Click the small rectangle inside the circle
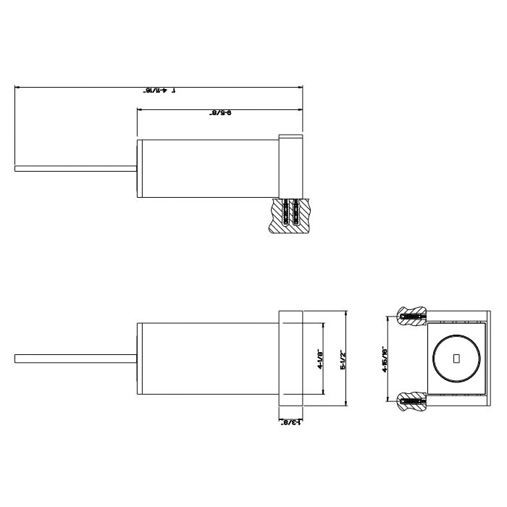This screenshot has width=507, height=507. point(456,359)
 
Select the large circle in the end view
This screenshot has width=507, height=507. point(456,359)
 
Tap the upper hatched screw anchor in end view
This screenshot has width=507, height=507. point(411,317)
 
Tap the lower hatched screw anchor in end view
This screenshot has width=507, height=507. point(411,400)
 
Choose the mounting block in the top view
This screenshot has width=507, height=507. point(290,166)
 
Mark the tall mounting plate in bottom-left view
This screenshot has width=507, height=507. point(290,359)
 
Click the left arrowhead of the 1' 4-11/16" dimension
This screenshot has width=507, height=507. point(18,88)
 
